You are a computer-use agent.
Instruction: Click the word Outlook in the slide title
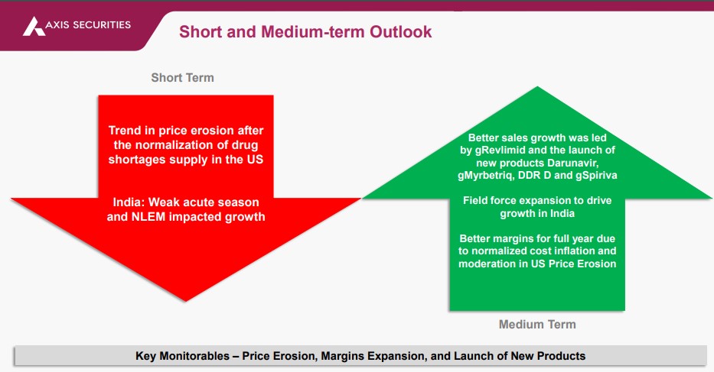401,32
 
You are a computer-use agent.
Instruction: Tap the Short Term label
183,78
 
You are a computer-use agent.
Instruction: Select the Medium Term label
537,324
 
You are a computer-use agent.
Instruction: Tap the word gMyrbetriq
486,176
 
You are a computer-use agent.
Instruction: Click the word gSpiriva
596,176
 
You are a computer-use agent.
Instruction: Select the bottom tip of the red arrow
185,301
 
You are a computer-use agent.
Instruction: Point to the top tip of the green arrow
537,87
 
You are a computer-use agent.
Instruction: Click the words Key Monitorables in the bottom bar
183,356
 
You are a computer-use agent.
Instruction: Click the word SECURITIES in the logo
102,25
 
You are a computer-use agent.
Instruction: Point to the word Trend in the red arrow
125,131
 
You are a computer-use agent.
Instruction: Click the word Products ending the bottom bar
562,356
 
